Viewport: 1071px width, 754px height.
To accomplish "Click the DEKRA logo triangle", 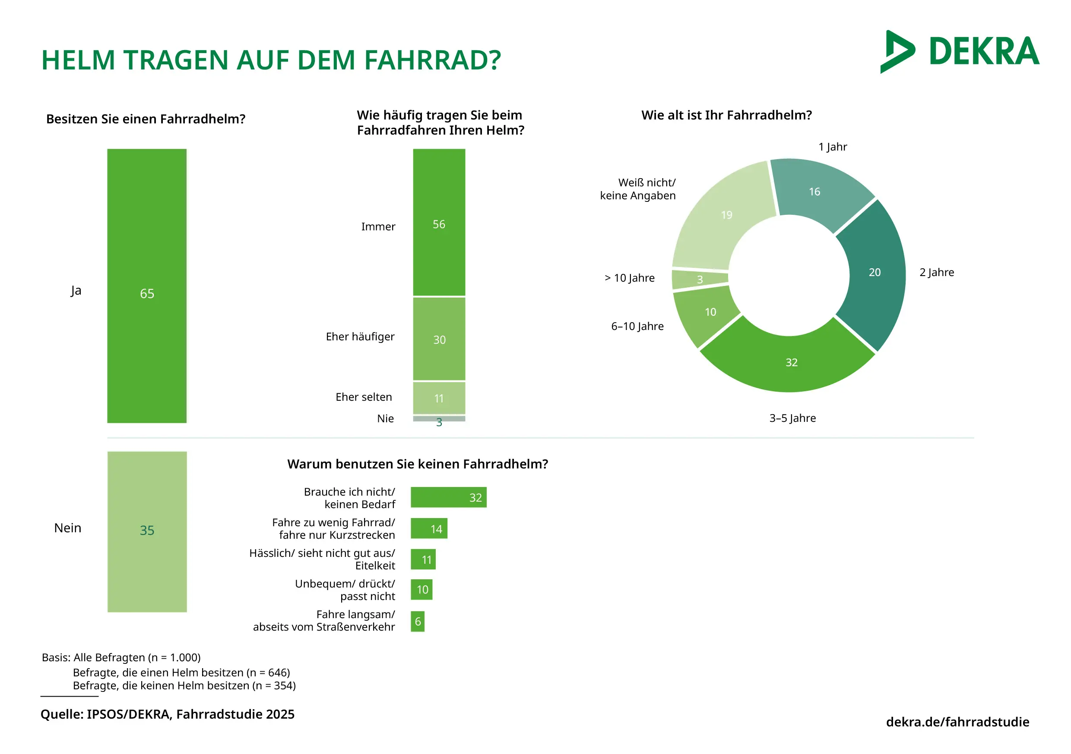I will [897, 51].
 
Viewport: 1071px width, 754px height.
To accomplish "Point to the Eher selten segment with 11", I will [439, 398].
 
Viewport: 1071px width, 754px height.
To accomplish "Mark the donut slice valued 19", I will [723, 217].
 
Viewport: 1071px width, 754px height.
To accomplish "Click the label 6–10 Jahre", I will [637, 326].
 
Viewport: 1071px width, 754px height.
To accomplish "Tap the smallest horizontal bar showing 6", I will [418, 621].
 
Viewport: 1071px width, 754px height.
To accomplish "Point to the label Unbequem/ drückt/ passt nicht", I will [345, 590].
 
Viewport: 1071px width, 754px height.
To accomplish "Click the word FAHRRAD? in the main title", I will [432, 60].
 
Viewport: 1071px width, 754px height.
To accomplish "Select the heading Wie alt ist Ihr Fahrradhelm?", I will [726, 115].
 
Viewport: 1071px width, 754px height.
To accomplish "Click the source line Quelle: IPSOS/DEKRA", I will [168, 714].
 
